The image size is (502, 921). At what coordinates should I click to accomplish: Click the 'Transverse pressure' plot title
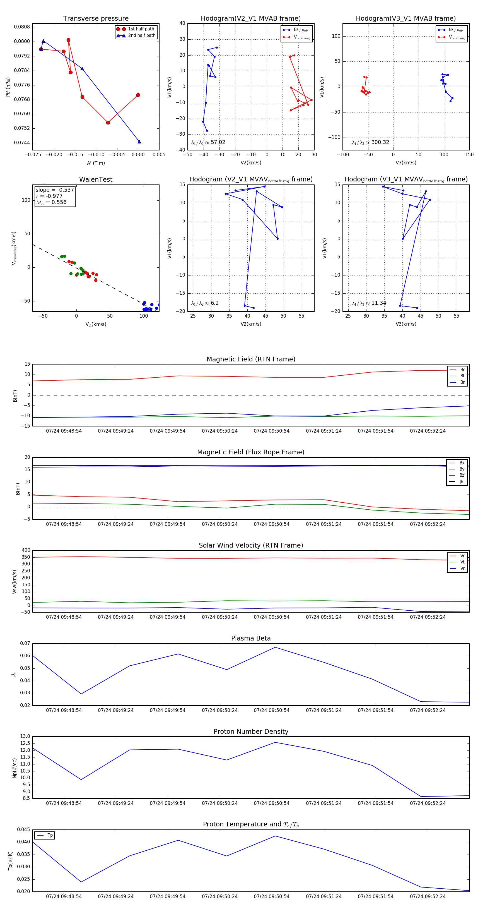click(96, 19)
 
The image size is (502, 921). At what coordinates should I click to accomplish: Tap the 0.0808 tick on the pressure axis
click(22, 27)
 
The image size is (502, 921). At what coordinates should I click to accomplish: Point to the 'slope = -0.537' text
click(55, 190)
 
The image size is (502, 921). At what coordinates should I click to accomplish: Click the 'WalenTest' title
click(96, 179)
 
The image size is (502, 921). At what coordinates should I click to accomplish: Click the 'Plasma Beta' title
click(251, 638)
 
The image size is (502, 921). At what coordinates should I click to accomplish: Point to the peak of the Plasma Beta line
click(275, 647)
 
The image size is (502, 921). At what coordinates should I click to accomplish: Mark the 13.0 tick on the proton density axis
click(25, 736)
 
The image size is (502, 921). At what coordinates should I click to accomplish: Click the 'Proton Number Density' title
click(251, 731)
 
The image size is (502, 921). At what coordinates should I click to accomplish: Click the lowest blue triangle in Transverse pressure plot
click(139, 141)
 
